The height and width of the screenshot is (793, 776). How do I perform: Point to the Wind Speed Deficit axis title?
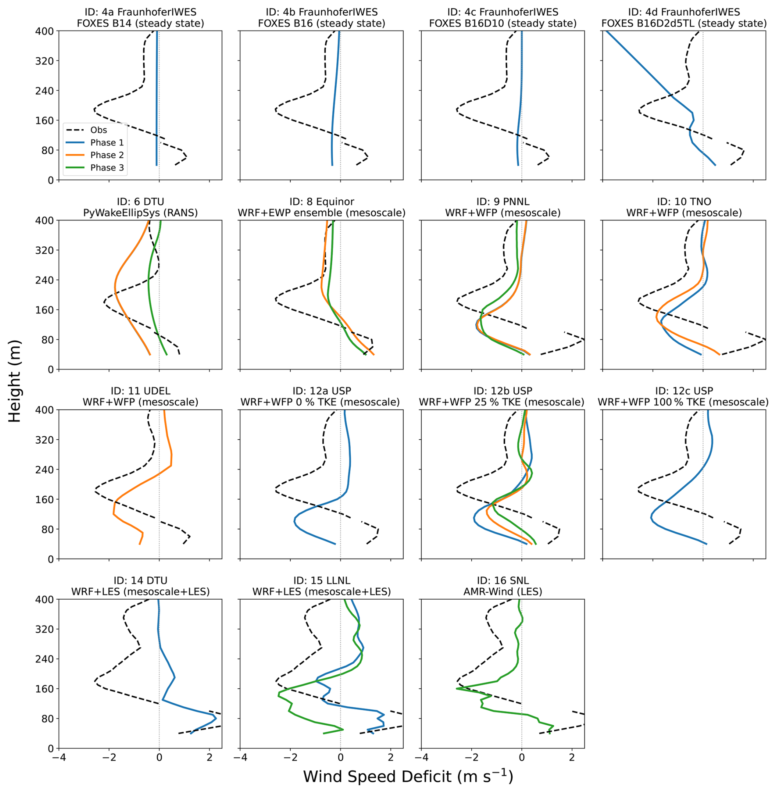pos(408,777)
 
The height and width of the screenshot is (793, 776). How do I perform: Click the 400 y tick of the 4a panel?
pos(45,31)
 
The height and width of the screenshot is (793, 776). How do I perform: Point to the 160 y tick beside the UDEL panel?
pos(45,500)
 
